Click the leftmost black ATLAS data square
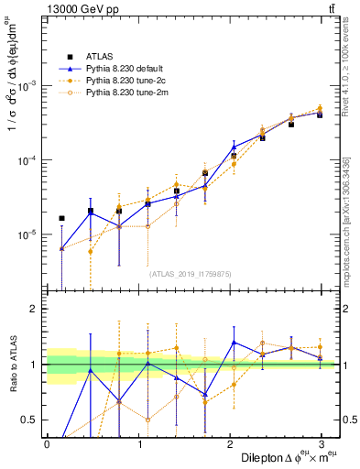tap(61, 218)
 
